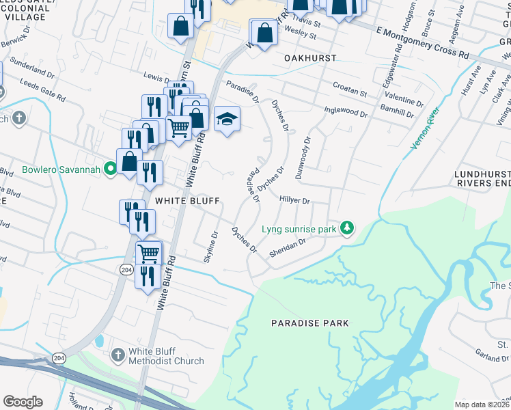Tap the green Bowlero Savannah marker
[109, 169]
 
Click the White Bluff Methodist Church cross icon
[118, 355]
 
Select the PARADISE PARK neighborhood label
[309, 323]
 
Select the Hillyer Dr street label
[295, 200]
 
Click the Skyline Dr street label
[210, 247]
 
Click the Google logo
[23, 402]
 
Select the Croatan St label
[350, 90]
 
